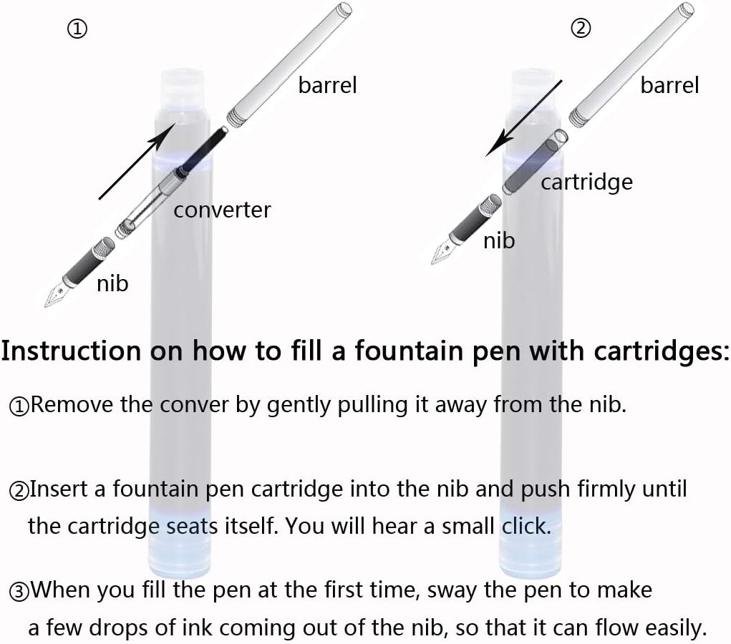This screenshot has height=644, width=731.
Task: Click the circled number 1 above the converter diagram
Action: tap(77, 29)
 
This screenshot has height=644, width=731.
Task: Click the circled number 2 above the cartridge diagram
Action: tap(581, 29)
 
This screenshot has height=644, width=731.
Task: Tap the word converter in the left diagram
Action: tap(222, 210)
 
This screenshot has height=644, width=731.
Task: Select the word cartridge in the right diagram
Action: tap(586, 182)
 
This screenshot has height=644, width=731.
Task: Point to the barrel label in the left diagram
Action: tap(327, 85)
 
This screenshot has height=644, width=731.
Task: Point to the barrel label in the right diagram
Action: tap(669, 85)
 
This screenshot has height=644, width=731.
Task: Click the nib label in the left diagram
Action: tap(112, 283)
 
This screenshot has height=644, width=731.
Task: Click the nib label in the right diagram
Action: tap(499, 240)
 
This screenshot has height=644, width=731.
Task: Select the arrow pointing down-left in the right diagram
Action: tap(524, 118)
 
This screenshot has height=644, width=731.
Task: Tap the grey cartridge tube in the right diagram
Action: tap(536, 162)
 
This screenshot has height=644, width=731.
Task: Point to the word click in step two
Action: tap(526, 526)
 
